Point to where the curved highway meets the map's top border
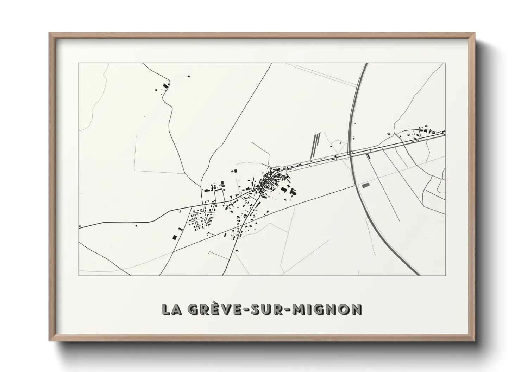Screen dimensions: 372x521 [366, 64]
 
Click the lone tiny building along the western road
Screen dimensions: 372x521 [136, 226]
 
